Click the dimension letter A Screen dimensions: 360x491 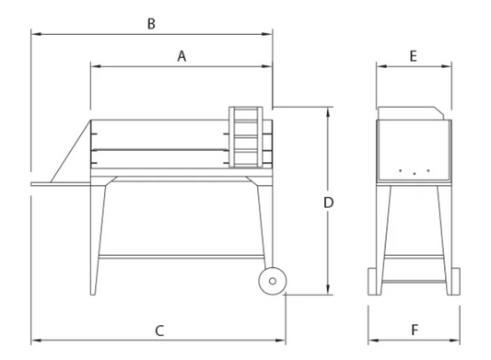tap(182, 56)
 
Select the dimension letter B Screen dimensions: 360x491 tap(151, 23)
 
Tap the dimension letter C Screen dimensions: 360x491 tap(158, 329)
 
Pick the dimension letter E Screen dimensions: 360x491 tap(414, 56)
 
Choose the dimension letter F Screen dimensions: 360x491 tap(415, 329)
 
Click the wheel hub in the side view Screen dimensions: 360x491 tap(271, 283)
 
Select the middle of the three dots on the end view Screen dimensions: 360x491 tap(415, 174)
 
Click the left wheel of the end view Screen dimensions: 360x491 tap(373, 281)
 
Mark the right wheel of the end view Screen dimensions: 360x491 tap(456, 281)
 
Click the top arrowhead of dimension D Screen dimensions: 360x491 tap(329, 110)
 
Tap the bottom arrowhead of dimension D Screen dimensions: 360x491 tap(329, 293)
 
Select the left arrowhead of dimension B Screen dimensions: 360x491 tap(34, 34)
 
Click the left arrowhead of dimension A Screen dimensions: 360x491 tap(94, 66)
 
